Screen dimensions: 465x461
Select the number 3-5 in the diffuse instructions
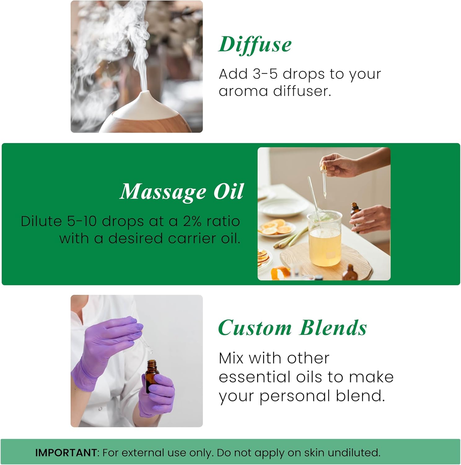pyautogui.click(x=265, y=74)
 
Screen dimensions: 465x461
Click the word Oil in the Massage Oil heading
pyautogui.click(x=229, y=192)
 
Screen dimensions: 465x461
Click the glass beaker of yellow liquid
pyautogui.click(x=325, y=239)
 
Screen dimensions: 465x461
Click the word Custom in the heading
pyautogui.click(x=255, y=328)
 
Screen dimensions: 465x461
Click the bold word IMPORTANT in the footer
pyautogui.click(x=66, y=453)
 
